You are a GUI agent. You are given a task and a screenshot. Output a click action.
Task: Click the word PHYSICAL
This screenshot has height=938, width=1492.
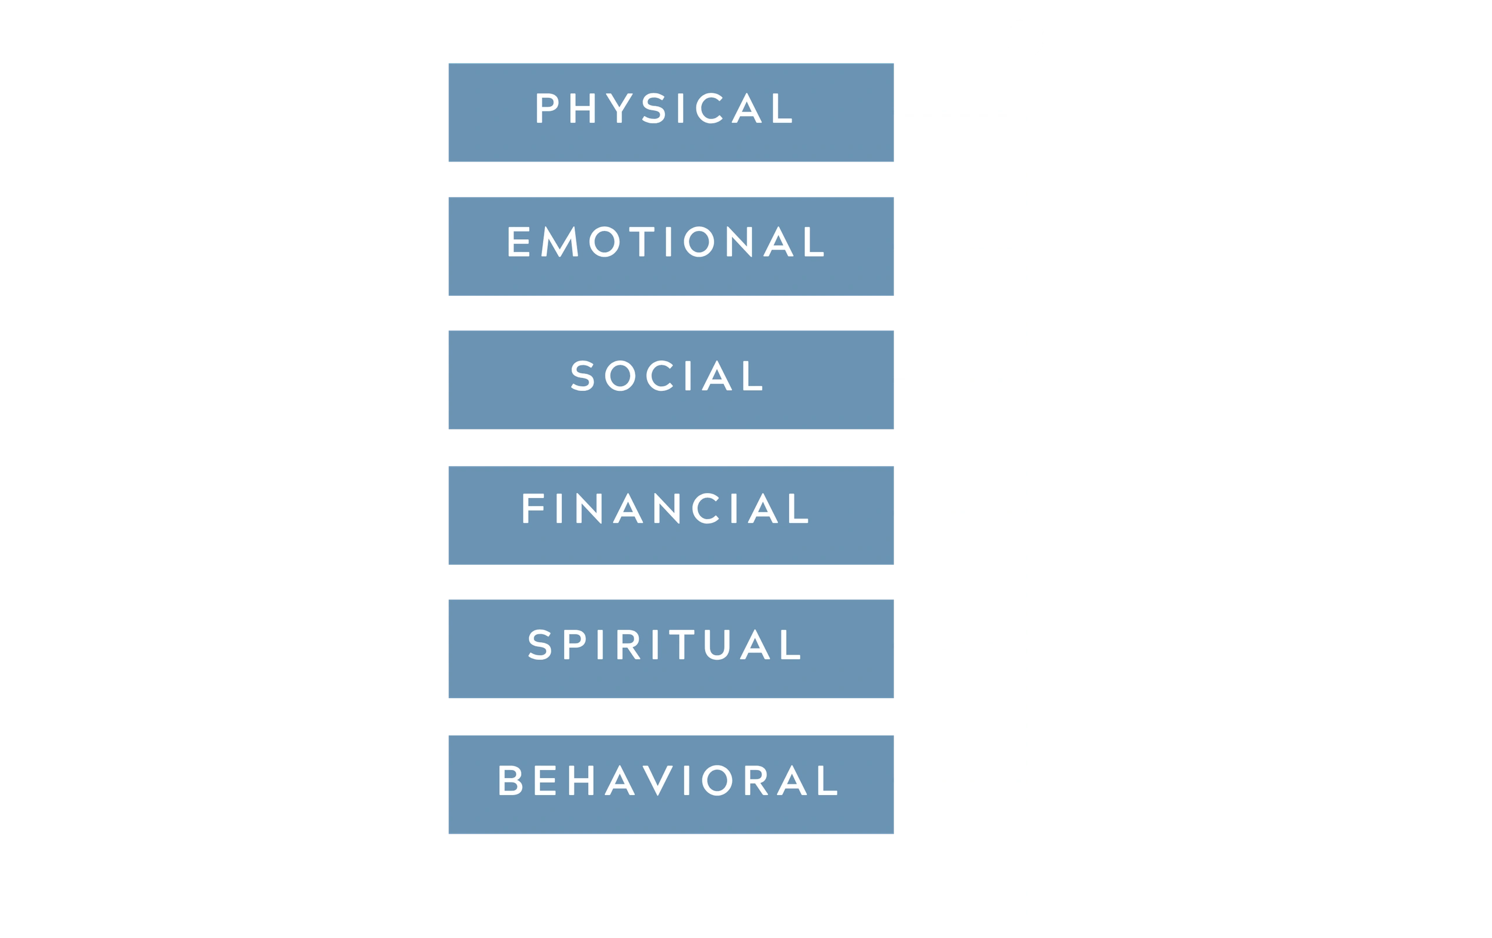coord(664,108)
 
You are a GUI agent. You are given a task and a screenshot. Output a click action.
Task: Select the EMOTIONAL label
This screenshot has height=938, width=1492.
coord(666,241)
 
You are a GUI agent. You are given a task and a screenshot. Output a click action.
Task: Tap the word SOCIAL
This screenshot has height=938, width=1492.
coord(667,376)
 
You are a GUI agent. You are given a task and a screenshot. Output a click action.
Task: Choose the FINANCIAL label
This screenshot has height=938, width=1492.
coord(666,508)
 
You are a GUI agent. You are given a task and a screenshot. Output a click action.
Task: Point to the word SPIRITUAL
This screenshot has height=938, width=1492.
coord(664,645)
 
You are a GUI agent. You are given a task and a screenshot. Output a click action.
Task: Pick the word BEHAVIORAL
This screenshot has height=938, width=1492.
coord(668,780)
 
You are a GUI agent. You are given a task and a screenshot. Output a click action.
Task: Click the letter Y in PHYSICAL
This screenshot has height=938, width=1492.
coord(619,108)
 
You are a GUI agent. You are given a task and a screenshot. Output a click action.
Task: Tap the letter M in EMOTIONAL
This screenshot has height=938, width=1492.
coord(559,241)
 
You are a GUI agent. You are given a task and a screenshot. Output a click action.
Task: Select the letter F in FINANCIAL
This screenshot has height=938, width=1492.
coord(533,508)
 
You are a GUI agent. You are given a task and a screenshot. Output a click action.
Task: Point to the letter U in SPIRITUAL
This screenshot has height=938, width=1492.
coord(717,645)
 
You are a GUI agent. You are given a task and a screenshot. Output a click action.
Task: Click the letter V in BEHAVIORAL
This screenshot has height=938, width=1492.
coord(657,780)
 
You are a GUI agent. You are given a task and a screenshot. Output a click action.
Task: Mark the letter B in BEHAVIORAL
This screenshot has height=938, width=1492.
coord(511,780)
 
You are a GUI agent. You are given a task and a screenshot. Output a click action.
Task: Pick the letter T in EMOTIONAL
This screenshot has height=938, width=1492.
coord(642,241)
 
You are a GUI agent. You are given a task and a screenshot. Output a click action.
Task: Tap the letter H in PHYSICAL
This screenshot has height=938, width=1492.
coord(582,108)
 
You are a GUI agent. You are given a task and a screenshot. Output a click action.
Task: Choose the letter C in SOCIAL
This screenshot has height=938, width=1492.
coord(659,376)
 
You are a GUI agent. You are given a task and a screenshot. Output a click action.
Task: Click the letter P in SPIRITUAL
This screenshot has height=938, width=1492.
coord(575,645)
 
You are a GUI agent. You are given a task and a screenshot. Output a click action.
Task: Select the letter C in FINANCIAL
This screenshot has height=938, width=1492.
coord(705,508)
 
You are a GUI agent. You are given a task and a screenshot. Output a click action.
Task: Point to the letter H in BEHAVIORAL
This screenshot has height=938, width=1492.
coord(581,780)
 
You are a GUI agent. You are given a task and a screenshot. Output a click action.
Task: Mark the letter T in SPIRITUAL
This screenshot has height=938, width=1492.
coord(681,645)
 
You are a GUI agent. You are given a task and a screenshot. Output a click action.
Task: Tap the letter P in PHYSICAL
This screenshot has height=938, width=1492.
coord(547,108)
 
